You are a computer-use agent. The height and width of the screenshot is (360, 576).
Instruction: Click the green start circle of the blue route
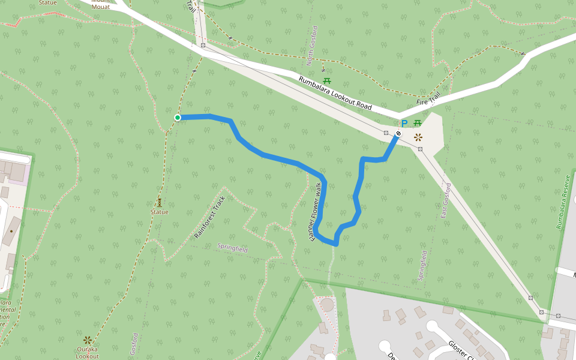[x=178, y=118]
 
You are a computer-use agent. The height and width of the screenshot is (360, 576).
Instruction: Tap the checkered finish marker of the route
[x=398, y=133]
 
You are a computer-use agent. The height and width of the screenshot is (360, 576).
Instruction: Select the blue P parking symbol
[x=404, y=124]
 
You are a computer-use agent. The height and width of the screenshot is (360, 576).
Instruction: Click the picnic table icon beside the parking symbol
[x=417, y=124]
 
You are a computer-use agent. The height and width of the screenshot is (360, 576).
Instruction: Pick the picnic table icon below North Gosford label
[x=327, y=80]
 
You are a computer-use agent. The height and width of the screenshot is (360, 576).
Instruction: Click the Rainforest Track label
[x=210, y=217]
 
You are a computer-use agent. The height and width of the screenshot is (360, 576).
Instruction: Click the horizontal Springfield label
[x=232, y=248]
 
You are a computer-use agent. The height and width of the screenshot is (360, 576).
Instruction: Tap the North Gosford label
[x=312, y=46]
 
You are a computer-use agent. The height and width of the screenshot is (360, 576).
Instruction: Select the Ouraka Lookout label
[x=88, y=352]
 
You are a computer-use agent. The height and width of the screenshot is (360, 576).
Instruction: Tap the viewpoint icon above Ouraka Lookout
[x=88, y=340]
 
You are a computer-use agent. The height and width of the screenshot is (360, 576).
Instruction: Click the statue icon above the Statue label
[x=160, y=203]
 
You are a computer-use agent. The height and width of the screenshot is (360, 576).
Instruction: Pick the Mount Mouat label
[x=101, y=4]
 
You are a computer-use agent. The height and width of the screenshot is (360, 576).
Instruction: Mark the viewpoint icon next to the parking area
[x=418, y=137]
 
